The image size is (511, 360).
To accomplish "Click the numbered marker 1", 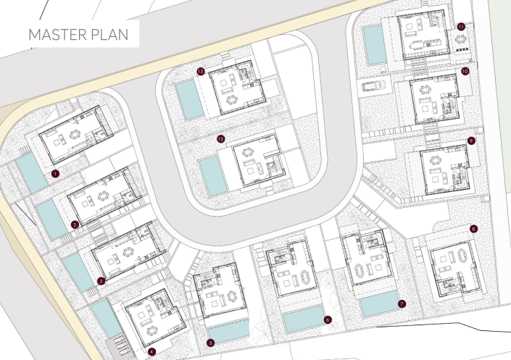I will [55, 174].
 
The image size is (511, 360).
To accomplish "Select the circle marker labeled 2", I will [75, 224].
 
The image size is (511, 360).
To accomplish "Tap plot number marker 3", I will [101, 280].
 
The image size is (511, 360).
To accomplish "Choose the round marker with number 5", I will [210, 342].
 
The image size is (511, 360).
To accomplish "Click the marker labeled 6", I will [328, 319].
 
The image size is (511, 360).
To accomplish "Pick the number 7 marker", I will [402, 304].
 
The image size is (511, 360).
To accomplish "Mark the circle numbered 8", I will [473, 229].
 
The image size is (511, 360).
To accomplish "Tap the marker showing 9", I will [471, 141].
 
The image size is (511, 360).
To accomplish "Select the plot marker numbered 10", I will [465, 71].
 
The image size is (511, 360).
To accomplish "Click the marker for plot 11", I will [461, 26].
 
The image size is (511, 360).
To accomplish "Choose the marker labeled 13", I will [201, 71].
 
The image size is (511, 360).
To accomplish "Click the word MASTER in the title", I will [58, 34].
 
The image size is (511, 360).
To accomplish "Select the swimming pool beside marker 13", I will [187, 99].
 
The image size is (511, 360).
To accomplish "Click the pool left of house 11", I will [375, 45].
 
